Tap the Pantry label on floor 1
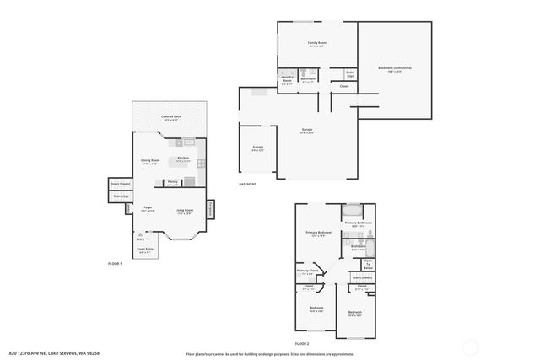[172, 181]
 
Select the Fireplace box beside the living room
[210, 208]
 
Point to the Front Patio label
[144, 249]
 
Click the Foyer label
[148, 207]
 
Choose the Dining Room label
[150, 159]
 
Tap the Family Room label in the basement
[316, 44]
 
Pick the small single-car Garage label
[257, 147]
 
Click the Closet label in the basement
[344, 86]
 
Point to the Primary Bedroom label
[318, 232]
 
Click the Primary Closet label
[308, 271]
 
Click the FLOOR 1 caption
[116, 264]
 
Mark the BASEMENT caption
[247, 184]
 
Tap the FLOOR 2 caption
[302, 344]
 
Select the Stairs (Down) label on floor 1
[121, 182]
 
